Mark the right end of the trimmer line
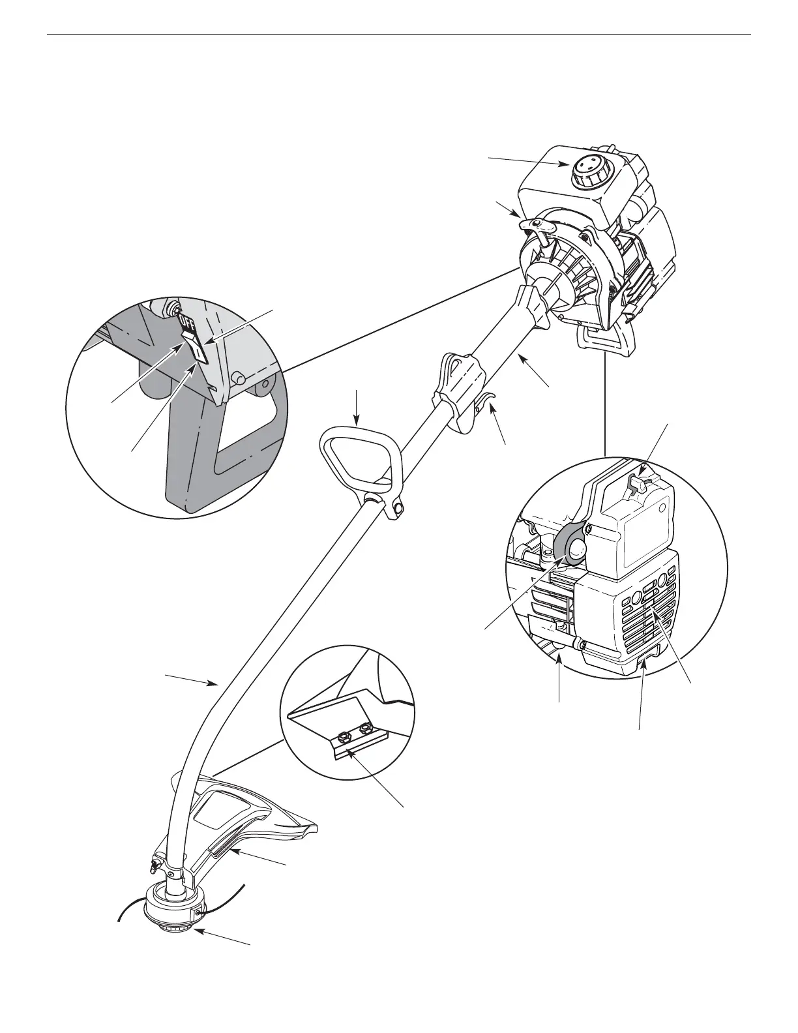tap(244, 885)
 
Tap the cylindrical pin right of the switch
tap(239, 378)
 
